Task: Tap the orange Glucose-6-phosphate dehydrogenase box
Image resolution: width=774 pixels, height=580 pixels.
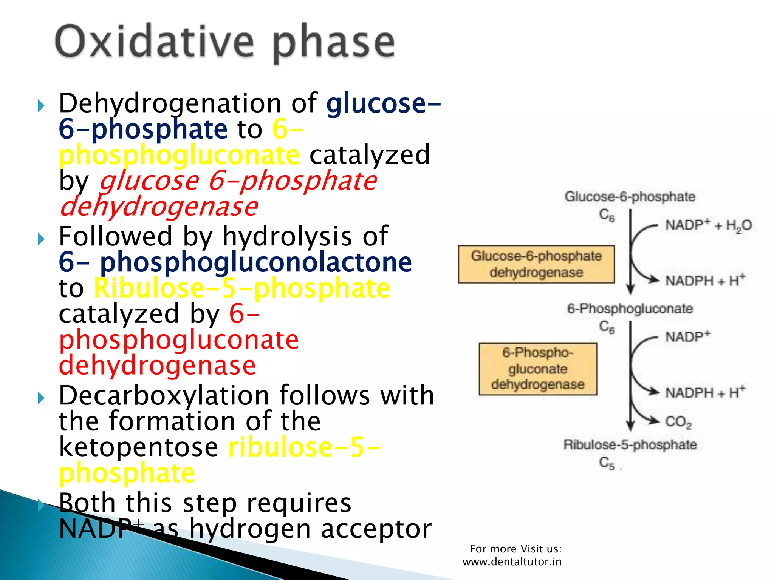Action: (536, 264)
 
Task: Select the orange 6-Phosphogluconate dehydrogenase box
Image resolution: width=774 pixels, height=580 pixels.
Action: (538, 369)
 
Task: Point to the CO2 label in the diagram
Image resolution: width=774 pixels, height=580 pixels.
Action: (678, 422)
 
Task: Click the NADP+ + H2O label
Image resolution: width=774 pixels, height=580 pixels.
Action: (708, 225)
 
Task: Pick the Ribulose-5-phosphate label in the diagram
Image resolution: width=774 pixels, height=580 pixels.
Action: (630, 444)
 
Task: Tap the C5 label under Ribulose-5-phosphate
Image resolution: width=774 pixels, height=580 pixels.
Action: (607, 463)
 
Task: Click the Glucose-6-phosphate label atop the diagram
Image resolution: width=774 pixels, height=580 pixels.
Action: (630, 197)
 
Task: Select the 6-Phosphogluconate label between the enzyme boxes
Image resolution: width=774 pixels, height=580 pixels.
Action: (630, 309)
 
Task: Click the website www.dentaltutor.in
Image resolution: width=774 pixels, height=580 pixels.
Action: (512, 562)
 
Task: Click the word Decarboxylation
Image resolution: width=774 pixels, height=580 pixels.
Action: (164, 395)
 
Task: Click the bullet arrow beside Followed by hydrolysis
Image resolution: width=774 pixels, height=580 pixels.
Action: (41, 239)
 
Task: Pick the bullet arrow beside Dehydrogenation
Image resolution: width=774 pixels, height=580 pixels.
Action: (41, 106)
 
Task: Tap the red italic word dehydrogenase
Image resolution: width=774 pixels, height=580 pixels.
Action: (159, 207)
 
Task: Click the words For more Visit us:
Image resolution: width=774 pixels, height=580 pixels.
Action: (515, 549)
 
